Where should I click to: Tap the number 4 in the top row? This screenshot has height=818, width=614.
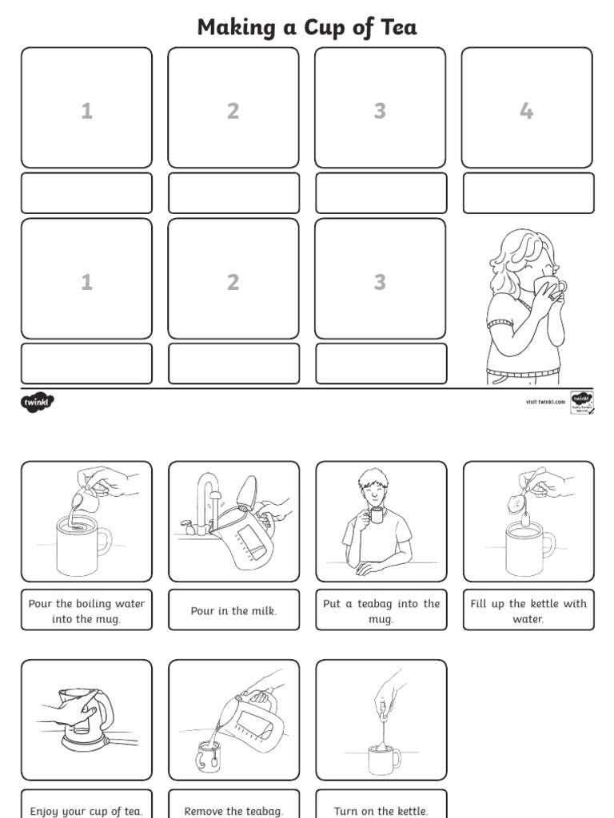[526, 111]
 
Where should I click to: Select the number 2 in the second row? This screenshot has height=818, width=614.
[233, 282]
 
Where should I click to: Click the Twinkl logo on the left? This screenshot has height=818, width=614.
[37, 403]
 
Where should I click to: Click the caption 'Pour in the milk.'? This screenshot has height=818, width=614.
[233, 611]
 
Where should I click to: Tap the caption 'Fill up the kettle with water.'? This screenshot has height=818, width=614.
[528, 611]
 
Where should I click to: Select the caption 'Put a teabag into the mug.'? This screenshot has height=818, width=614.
[381, 611]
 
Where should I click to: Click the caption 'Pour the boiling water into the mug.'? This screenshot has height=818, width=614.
[86, 611]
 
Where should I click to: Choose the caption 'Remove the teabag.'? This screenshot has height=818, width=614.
[233, 810]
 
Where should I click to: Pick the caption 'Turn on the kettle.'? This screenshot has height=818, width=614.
[381, 810]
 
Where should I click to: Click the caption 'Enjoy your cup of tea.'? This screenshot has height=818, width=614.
[86, 810]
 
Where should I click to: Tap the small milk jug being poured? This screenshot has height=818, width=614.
[85, 501]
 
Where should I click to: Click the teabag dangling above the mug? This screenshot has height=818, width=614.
[516, 503]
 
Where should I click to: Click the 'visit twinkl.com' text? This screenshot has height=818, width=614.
[545, 402]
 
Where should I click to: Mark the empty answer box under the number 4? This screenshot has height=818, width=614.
[528, 193]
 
